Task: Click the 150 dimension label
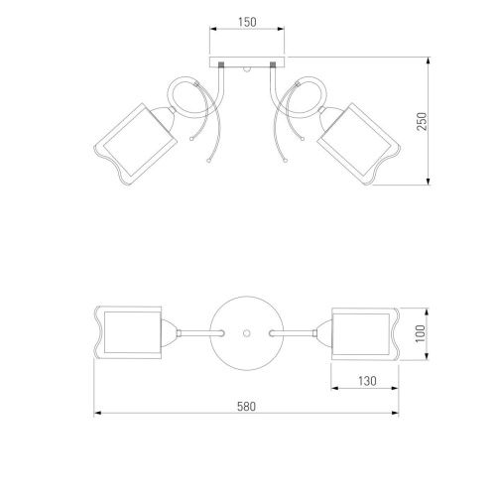coord(247,22)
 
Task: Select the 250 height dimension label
coord(422,121)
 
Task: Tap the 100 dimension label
coord(421,333)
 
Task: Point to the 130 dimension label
coord(367,381)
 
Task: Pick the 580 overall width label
coord(246,407)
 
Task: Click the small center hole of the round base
coord(246,333)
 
